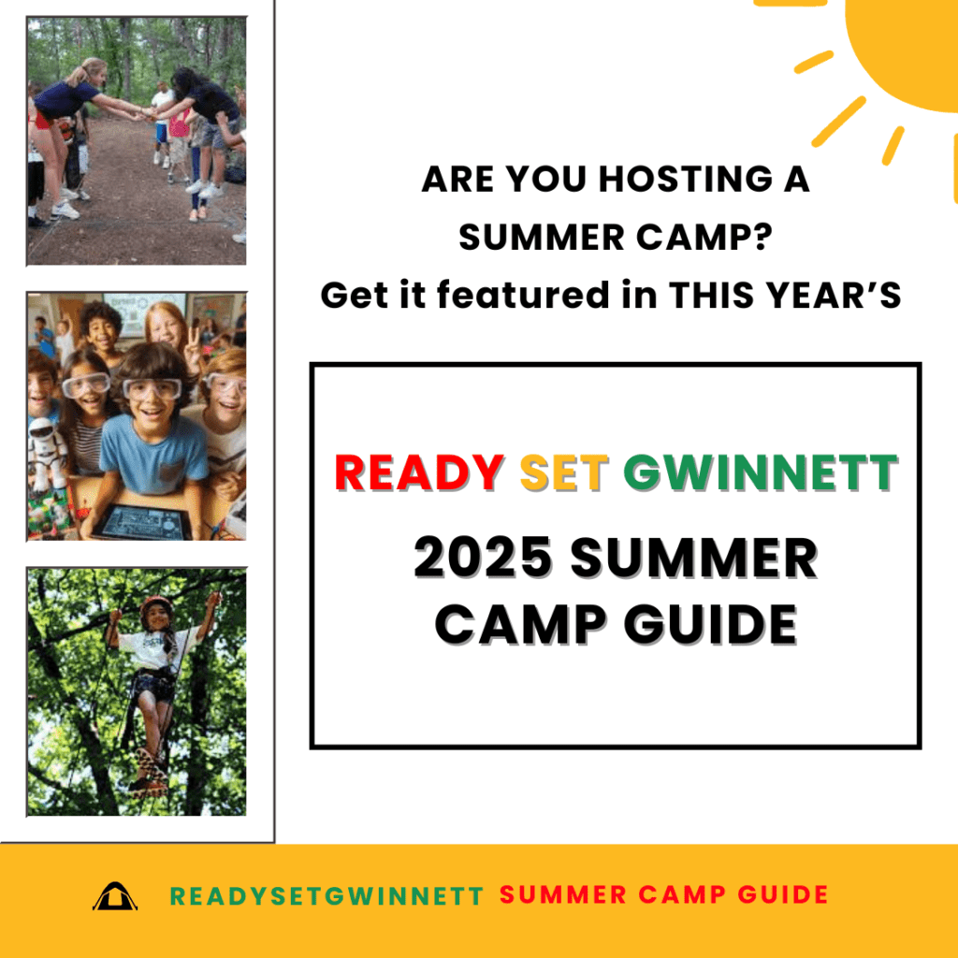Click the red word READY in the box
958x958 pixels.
coord(419,472)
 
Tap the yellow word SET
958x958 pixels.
coord(564,472)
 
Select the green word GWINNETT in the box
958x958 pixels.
coord(761,472)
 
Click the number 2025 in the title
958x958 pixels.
coord(483,558)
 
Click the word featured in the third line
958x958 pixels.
coord(523,295)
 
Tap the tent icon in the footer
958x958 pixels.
coord(115,896)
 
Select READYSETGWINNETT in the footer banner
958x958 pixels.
coord(327,895)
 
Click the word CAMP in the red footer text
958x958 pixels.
coord(682,894)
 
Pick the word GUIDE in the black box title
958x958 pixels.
coord(711,624)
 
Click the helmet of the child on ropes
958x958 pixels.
coord(155,605)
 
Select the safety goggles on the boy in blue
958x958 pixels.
coord(152,388)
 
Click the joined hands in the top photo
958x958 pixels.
coord(147,113)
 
